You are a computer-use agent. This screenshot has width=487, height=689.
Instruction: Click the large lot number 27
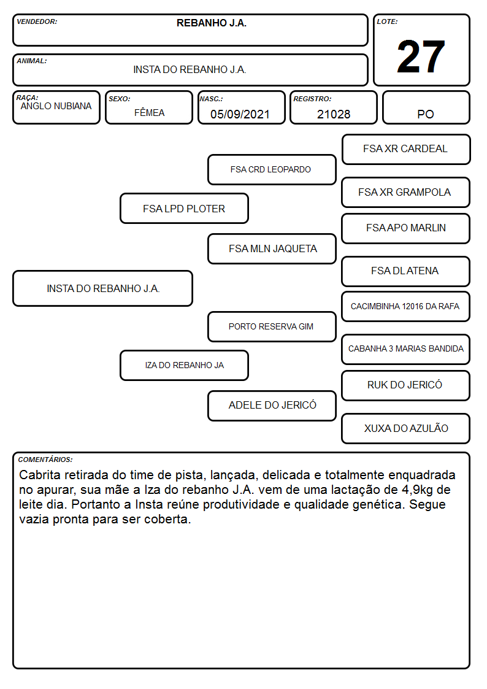point(421,56)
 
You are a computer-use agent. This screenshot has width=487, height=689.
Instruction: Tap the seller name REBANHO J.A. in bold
point(212,23)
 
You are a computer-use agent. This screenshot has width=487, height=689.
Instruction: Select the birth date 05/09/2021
point(240,114)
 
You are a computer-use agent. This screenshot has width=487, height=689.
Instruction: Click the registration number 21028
point(334,114)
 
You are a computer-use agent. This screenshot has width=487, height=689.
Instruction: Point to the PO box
point(426,107)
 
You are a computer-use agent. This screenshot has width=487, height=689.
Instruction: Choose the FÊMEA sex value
point(149,113)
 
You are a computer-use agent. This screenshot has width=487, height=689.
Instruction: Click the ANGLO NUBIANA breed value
point(56,106)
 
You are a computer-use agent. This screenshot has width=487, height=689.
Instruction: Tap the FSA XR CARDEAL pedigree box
point(406,150)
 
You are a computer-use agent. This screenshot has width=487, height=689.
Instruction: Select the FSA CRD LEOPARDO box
point(272,169)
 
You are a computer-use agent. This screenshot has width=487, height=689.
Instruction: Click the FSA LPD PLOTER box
point(185,209)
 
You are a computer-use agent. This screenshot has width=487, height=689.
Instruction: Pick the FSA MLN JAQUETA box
point(272,248)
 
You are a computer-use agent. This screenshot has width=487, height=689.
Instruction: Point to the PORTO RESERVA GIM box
point(272,326)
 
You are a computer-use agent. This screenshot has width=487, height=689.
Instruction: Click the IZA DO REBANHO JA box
point(185,365)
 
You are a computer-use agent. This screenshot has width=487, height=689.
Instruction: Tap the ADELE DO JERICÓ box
point(272,406)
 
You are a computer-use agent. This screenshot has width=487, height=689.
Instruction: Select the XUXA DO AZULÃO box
point(406,428)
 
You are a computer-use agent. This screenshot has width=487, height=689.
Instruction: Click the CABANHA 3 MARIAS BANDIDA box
point(406,349)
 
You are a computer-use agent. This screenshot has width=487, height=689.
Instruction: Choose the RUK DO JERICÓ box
point(406,385)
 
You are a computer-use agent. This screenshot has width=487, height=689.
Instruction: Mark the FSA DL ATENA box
point(406,271)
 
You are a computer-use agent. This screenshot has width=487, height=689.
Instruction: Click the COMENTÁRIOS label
point(45,460)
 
